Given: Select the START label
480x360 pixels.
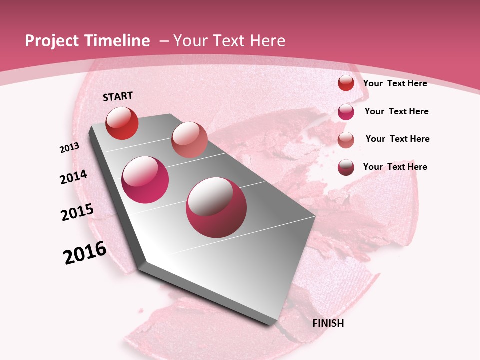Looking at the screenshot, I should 118,96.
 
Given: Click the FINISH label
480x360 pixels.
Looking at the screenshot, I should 328,323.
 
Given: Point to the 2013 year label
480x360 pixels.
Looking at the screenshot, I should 69,148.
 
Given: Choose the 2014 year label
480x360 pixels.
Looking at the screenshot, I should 73,177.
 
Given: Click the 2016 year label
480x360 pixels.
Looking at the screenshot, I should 85,253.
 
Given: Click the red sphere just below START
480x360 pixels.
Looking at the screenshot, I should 122,123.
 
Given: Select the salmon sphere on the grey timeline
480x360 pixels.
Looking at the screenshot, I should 189,140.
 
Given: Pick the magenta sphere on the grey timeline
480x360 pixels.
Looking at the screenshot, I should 145,180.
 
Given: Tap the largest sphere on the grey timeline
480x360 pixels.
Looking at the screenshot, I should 216,207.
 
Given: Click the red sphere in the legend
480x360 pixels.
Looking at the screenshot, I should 346,83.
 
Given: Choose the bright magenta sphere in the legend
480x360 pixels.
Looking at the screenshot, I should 346,112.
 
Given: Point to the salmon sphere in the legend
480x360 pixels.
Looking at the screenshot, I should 346,140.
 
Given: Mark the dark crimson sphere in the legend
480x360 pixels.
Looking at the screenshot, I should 346,167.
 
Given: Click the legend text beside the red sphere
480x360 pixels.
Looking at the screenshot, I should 395,83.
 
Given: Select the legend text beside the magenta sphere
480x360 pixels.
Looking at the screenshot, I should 397,111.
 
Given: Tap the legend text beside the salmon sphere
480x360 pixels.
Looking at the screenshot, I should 398,139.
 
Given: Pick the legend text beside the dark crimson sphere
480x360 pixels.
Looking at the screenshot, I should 395,167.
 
